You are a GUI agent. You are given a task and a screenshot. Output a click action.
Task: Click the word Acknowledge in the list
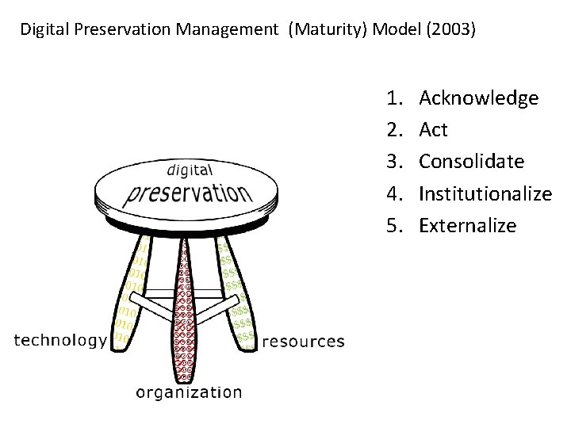point(478,98)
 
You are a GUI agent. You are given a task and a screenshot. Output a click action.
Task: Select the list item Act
point(433,130)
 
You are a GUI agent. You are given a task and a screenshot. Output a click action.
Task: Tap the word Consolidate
point(471,162)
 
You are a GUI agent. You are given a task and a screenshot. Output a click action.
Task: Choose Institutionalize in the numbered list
point(485,193)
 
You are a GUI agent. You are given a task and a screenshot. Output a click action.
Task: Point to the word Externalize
point(467,225)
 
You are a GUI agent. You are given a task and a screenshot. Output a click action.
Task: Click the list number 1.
point(394,98)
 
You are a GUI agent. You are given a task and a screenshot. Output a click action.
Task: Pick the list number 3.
point(394,162)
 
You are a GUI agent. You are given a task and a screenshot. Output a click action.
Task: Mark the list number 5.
point(394,225)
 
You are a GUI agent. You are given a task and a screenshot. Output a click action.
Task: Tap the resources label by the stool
point(303,342)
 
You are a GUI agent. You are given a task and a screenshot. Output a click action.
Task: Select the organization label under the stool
point(189,392)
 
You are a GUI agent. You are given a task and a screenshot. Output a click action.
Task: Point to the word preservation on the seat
point(187,192)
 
